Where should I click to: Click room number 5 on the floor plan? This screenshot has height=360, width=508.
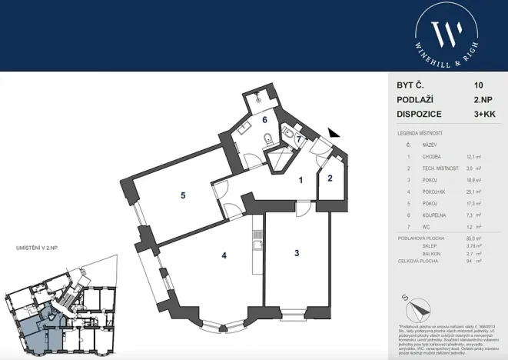point(183,195)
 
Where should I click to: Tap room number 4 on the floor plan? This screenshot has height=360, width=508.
point(224,255)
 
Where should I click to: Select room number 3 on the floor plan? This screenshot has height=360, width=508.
point(296,252)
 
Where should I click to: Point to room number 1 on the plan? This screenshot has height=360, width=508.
point(301,180)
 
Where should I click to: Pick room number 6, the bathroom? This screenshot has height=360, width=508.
point(264,119)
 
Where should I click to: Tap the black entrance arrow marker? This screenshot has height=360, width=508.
point(333,134)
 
